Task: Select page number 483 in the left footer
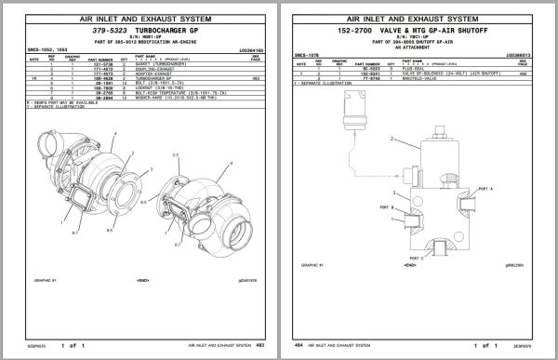point(258,343)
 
